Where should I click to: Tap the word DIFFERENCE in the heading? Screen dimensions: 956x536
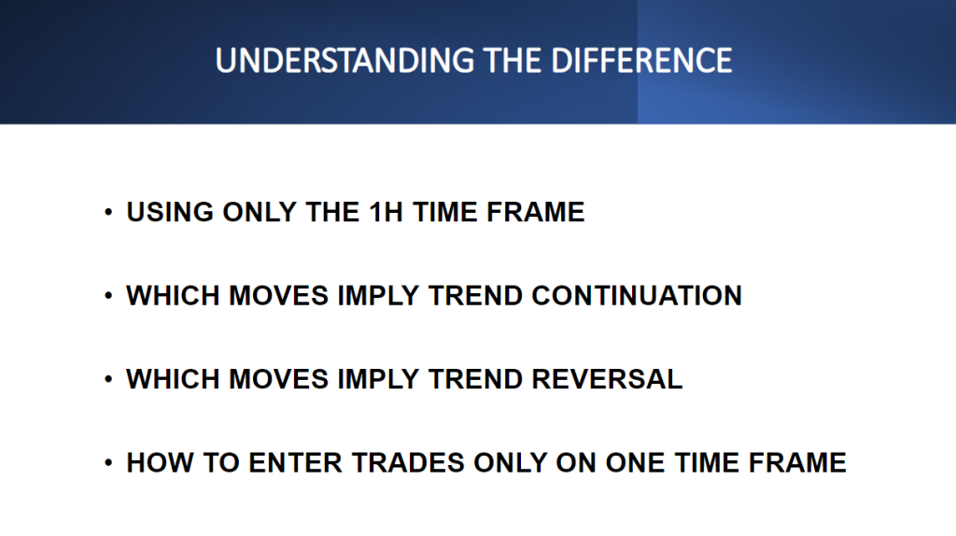coord(641,61)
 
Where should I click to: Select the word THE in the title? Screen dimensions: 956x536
coord(513,61)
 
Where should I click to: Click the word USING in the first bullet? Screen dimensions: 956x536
coord(170,212)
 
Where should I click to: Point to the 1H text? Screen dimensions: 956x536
coord(386,212)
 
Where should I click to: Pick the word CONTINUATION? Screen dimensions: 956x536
coord(637,296)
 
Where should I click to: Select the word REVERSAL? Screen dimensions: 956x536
coord(607,379)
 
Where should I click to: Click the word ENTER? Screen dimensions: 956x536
coord(296,463)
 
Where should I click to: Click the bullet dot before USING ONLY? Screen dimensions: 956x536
coord(108,212)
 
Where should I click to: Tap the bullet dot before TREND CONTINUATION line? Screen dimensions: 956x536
coord(108,296)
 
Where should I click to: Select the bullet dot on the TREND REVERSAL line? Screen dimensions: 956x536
coord(108,379)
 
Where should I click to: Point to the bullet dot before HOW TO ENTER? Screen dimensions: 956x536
coord(108,463)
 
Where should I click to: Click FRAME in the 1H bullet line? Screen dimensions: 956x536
coord(535,212)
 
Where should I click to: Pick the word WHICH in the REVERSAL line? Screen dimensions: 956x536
coord(173,379)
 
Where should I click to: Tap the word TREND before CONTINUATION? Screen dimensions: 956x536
coord(475,296)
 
